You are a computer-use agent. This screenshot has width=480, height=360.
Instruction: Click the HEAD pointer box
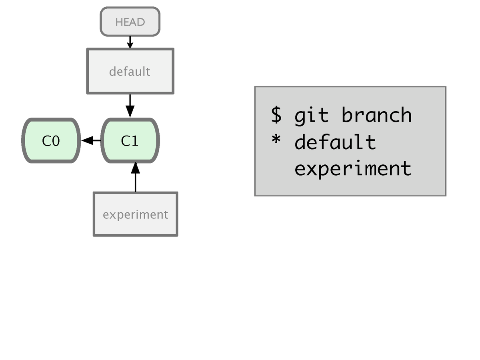[x=130, y=22]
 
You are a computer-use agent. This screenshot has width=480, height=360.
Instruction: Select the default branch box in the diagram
[x=130, y=71]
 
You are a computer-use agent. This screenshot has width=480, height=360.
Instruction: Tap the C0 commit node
[x=51, y=140]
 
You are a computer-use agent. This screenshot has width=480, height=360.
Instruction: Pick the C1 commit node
[x=130, y=140]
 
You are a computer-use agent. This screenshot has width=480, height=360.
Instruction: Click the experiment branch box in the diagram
[x=135, y=214]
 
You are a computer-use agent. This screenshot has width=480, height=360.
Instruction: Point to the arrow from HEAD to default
[x=130, y=42]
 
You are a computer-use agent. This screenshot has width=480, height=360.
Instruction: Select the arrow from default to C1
[x=130, y=106]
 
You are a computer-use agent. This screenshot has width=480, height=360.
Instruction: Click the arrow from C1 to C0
[x=91, y=140]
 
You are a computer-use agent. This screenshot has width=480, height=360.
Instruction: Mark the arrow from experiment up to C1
[x=135, y=177]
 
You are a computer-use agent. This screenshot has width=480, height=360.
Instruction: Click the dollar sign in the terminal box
[x=276, y=115]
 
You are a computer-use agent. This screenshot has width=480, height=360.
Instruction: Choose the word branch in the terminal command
[x=376, y=115]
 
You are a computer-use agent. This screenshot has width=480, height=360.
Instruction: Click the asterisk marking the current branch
[x=276, y=139]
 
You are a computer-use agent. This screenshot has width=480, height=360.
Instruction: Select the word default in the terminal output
[x=335, y=142]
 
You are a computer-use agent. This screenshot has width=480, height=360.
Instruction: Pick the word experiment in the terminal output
[x=353, y=169]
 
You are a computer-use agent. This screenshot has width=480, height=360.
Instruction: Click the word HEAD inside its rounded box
[x=130, y=22]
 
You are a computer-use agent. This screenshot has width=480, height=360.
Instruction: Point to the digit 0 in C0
[x=56, y=141]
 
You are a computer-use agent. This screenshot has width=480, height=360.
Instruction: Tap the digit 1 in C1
[x=135, y=141]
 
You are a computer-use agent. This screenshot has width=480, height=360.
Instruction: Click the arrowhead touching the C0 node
[x=87, y=140]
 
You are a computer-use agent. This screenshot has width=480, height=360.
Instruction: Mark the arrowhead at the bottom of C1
[x=135, y=168]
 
